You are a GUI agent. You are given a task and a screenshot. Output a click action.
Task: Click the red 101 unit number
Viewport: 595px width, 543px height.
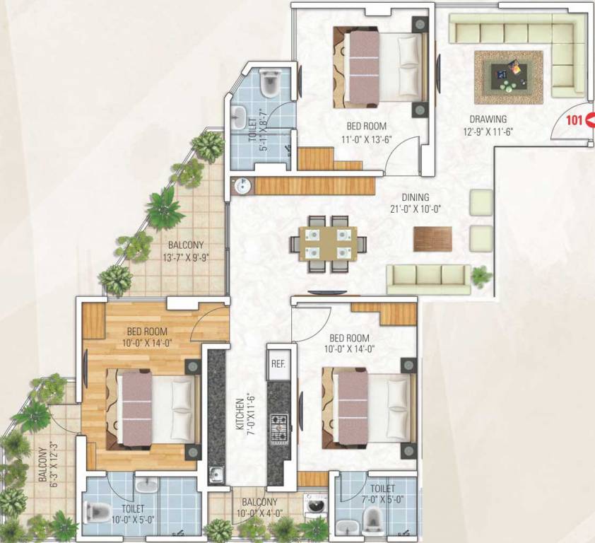(x=573, y=120)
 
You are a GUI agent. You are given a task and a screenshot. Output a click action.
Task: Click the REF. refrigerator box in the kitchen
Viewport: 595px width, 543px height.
(x=277, y=366)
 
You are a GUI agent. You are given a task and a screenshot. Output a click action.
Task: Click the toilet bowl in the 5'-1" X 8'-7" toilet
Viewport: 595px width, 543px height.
(x=269, y=84)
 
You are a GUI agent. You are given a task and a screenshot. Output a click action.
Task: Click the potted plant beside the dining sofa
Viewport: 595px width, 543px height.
(x=482, y=275)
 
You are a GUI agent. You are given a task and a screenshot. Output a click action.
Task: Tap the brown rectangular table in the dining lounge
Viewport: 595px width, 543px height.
(x=431, y=238)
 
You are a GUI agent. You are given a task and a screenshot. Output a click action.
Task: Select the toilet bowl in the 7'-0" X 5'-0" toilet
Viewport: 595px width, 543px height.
(x=372, y=522)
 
